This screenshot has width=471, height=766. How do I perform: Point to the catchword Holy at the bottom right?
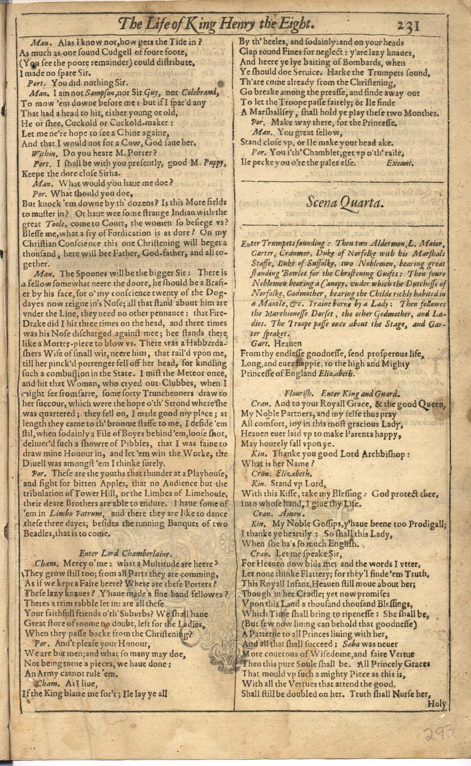click(437, 704)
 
